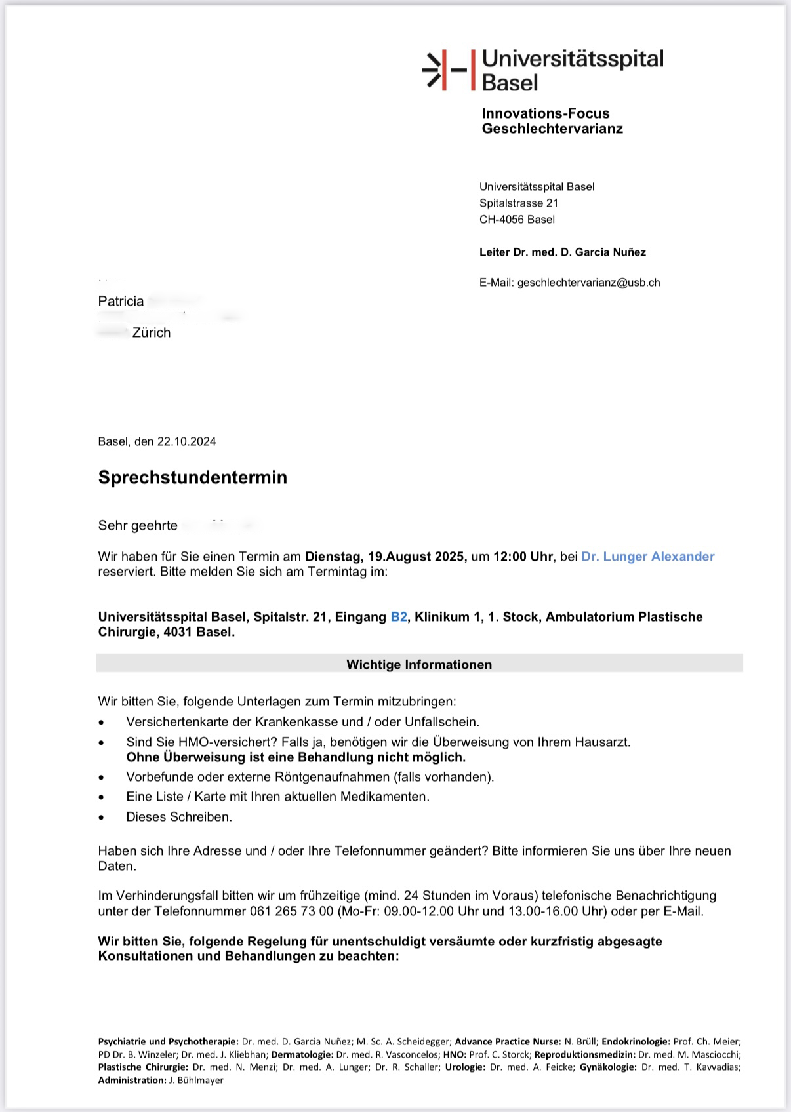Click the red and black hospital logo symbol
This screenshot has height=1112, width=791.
tap(445, 69)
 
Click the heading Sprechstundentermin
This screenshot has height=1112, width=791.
tap(193, 477)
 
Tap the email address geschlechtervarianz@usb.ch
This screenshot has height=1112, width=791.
tap(588, 283)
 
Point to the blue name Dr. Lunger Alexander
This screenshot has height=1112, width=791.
tap(647, 557)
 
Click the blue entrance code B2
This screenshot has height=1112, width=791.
tap(399, 617)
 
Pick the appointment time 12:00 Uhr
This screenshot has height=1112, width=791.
tap(523, 557)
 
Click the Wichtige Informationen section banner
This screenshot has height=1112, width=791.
tap(419, 664)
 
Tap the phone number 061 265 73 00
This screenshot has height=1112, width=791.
tap(291, 911)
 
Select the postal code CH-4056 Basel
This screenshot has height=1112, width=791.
tap(517, 220)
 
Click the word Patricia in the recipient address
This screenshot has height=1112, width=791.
tap(121, 302)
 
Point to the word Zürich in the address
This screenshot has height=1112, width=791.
tap(152, 333)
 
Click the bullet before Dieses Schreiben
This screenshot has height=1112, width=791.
tap(101, 818)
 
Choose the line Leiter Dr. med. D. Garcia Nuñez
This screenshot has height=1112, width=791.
tap(562, 252)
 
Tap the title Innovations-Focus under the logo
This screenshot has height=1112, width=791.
tap(545, 113)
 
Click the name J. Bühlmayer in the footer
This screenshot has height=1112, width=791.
tap(195, 1081)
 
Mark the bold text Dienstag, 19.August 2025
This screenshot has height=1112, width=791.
tap(386, 557)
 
